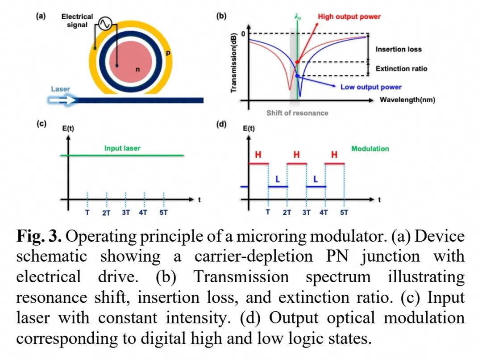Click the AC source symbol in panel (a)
(105, 23)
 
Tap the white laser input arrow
(63, 100)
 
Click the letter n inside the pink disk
(138, 70)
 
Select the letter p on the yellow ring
(168, 53)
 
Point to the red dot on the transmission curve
(297, 62)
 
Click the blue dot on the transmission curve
(297, 75)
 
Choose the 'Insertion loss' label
(399, 49)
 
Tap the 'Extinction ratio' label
(401, 69)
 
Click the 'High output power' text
(349, 17)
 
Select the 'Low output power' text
(371, 87)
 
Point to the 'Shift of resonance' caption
(297, 113)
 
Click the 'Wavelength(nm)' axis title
(407, 100)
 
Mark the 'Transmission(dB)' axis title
(233, 62)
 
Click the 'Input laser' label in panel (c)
(122, 148)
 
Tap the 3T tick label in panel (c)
(126, 213)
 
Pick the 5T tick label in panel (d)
(344, 213)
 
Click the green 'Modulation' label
(370, 149)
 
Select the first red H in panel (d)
(258, 155)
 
